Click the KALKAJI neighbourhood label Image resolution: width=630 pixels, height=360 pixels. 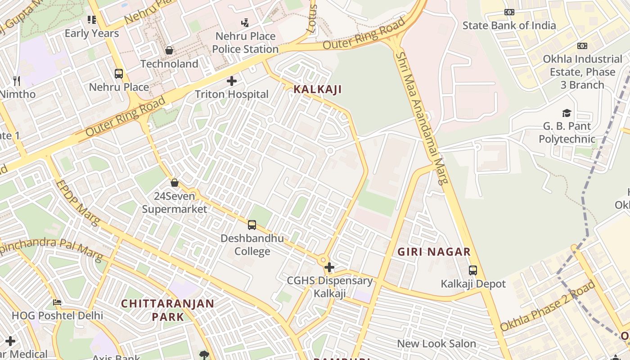click(x=317, y=89)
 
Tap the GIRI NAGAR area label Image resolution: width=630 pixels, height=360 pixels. click(x=434, y=252)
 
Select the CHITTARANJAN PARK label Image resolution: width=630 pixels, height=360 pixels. click(x=167, y=310)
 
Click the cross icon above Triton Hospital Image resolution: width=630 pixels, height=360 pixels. click(x=232, y=81)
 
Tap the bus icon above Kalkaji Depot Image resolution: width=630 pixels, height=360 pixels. click(x=473, y=270)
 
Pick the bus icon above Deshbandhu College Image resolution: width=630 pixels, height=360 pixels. click(x=252, y=225)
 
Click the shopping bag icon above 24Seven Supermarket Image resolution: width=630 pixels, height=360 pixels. click(x=175, y=183)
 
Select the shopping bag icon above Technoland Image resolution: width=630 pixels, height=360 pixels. click(x=169, y=50)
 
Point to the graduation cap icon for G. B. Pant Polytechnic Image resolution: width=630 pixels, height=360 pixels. click(x=567, y=113)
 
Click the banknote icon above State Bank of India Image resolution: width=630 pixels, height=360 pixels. click(x=509, y=12)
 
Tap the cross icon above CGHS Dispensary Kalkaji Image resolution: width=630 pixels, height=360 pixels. click(x=329, y=267)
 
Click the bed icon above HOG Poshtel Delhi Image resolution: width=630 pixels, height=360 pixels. click(x=57, y=302)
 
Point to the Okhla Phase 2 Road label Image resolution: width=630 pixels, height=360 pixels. click(x=548, y=306)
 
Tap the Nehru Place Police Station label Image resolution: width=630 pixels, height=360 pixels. click(x=245, y=42)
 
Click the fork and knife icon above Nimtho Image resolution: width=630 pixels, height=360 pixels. click(x=17, y=81)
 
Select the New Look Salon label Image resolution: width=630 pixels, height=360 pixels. click(x=436, y=343)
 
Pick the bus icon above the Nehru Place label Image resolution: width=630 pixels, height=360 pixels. click(x=119, y=73)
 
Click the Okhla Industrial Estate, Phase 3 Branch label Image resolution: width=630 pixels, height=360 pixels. click(x=582, y=72)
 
